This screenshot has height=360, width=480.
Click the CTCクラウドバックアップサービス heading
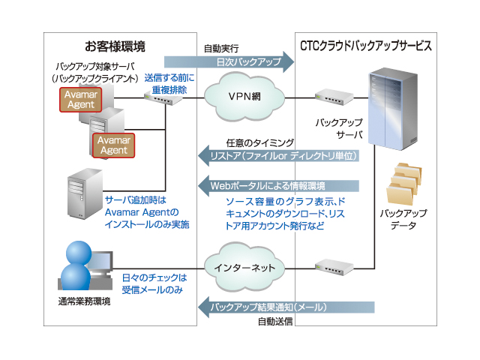pyautogui.click(x=365, y=46)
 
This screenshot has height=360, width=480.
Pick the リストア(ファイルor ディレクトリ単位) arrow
pyautogui.click(x=285, y=156)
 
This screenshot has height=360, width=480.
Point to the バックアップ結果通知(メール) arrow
pyautogui.click(x=285, y=306)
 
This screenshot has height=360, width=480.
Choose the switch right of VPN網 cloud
pyautogui.click(x=329, y=97)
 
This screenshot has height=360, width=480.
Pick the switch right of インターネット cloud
pyautogui.click(x=330, y=266)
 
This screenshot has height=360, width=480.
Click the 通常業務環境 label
pyautogui.click(x=84, y=301)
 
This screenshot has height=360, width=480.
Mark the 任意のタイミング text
pyautogui.click(x=259, y=142)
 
